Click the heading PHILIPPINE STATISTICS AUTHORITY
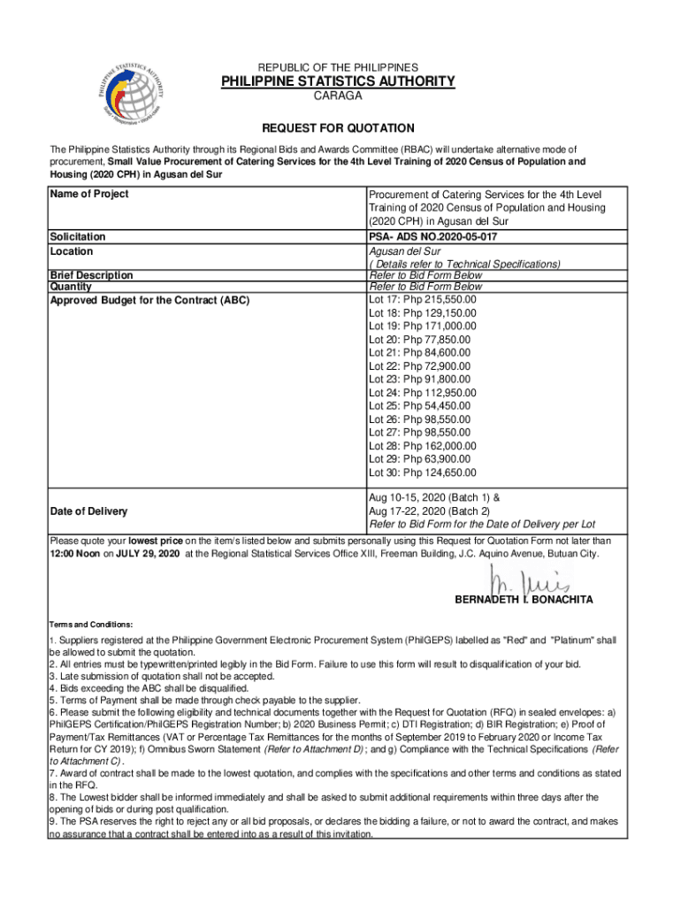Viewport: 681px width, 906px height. (x=338, y=82)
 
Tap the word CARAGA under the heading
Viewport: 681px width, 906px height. (x=337, y=96)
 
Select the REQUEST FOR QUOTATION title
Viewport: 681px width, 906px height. (x=337, y=128)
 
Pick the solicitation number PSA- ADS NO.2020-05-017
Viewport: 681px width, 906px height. (x=427, y=237)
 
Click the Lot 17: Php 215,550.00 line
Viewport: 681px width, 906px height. (x=422, y=300)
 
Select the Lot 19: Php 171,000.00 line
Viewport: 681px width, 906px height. (x=422, y=326)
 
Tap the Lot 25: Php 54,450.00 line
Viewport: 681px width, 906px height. (x=419, y=406)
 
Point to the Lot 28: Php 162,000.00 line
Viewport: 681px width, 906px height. (x=422, y=446)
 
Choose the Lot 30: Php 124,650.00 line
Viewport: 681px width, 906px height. (x=422, y=472)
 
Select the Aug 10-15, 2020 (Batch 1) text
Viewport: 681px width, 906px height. (x=427, y=498)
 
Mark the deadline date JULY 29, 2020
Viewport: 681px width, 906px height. (x=149, y=553)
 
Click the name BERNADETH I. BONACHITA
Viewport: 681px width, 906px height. (x=524, y=600)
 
